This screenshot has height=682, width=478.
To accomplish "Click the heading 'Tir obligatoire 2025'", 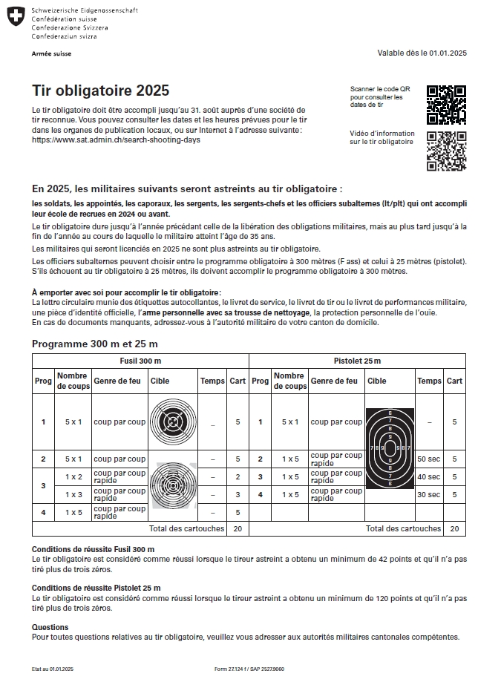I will (x=100, y=91).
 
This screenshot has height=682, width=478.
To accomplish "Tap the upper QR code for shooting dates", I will (x=446, y=105).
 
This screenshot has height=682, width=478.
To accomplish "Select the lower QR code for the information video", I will (x=446, y=151).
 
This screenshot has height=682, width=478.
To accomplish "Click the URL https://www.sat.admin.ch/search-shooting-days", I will (x=116, y=140).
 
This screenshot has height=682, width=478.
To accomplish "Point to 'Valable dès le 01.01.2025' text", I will (x=422, y=53).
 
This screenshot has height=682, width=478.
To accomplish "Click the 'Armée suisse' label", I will (x=51, y=53).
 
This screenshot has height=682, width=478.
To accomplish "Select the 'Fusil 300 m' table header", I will (x=140, y=360).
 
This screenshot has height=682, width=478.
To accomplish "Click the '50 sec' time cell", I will (x=428, y=459).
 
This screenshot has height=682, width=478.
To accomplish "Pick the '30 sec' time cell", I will (x=428, y=495).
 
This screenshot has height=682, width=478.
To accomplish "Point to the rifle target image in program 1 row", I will (x=173, y=422).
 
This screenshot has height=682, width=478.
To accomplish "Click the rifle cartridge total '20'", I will (x=238, y=529).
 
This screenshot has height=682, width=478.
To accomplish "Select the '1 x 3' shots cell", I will (x=73, y=494).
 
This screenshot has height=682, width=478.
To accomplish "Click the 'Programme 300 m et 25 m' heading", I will (x=94, y=344).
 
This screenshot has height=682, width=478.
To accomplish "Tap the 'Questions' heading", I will (x=50, y=627).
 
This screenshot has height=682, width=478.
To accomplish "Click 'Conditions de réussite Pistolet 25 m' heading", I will (x=96, y=588).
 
